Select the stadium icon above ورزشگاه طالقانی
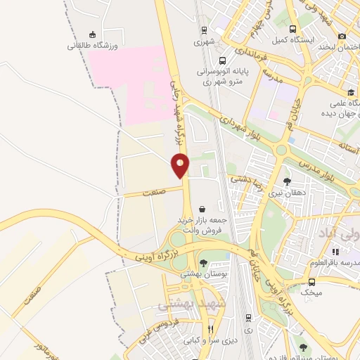[x=92, y=34]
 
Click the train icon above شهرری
[x=204, y=30]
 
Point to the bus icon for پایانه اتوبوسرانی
[x=222, y=60]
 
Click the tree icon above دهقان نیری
[x=286, y=181]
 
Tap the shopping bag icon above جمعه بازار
[x=202, y=209]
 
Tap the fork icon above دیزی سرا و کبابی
[x=210, y=329]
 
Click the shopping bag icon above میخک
[x=310, y=278]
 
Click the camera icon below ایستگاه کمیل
[x=342, y=36]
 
